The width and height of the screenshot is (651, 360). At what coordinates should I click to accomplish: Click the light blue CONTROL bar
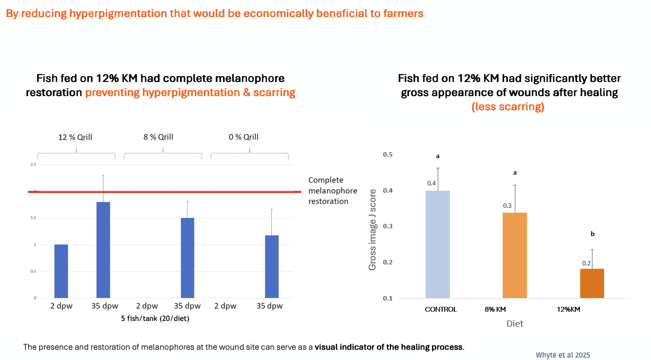(438, 244)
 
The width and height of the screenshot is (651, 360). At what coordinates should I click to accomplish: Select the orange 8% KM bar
(515, 255)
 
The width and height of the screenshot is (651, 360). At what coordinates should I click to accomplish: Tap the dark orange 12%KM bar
(592, 283)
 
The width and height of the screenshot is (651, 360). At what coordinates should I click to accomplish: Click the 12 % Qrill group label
(75, 137)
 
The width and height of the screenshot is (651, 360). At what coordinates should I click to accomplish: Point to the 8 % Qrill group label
(158, 137)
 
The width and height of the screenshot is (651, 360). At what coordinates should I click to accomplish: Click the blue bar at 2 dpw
(61, 271)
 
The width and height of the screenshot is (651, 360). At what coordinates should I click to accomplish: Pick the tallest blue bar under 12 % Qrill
(103, 249)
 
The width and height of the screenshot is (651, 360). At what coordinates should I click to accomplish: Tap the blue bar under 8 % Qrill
(187, 258)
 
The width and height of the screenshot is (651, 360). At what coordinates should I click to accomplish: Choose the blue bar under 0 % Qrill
(272, 266)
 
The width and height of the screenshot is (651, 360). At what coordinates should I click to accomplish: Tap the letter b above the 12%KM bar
(592, 234)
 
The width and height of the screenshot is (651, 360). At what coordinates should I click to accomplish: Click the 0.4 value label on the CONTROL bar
(431, 183)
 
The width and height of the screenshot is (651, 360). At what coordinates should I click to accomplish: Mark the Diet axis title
(514, 323)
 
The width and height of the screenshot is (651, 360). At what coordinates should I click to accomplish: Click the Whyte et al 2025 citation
(563, 355)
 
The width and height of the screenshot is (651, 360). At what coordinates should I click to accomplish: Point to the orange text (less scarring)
(508, 107)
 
